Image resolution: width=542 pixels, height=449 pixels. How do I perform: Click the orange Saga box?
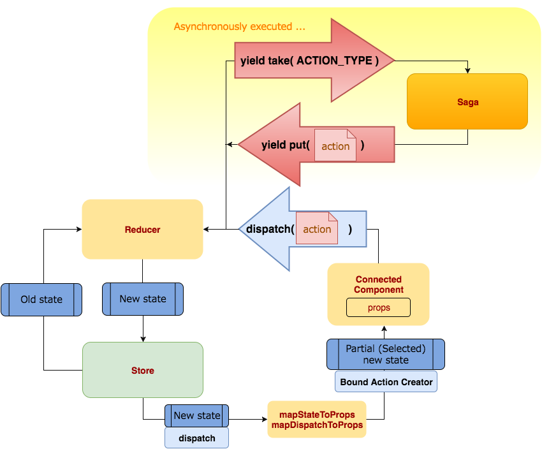point(467,101)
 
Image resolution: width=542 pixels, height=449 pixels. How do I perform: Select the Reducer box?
point(142,229)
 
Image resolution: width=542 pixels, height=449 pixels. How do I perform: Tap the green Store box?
point(142,370)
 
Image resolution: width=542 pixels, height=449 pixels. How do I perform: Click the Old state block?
point(41,299)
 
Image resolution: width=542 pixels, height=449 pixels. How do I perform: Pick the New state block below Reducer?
point(142,299)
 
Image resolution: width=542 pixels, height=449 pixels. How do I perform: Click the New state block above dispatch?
point(196,415)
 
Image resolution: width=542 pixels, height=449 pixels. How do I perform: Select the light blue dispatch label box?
point(196,438)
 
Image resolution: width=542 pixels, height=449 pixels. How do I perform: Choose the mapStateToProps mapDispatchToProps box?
point(317,420)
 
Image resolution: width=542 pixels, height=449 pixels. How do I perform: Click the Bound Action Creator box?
point(386,382)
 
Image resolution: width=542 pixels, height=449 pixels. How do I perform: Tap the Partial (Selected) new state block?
point(386,354)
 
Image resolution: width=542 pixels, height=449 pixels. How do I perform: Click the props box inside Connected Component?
point(378,307)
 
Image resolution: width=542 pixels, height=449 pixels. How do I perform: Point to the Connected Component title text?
point(379,284)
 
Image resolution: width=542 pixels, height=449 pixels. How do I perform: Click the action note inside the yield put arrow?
point(335,145)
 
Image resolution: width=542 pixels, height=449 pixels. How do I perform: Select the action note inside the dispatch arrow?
point(317,228)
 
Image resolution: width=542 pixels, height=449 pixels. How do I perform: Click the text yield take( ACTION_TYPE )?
point(310,61)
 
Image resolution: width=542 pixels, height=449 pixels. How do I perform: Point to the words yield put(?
point(285,145)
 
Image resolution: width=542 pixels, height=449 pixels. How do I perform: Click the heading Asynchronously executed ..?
point(239,27)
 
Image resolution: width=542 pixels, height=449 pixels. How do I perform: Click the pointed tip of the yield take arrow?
point(393,61)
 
